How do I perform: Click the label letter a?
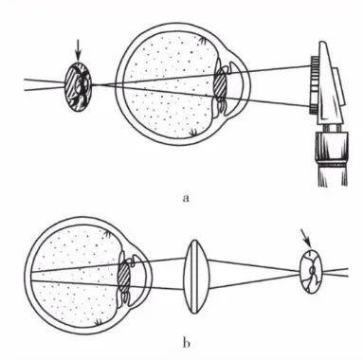pyautogui.click(x=186, y=198)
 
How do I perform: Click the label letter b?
pyautogui.click(x=187, y=342)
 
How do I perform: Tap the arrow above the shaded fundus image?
pyautogui.click(x=78, y=54)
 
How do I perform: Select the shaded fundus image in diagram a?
pyautogui.click(x=78, y=86)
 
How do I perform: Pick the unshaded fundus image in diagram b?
pyautogui.click(x=311, y=271)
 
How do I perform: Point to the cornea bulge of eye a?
pyautogui.click(x=243, y=84)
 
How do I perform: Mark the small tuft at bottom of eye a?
pyautogui.click(x=192, y=134)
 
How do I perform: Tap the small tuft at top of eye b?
pyautogui.click(x=107, y=234)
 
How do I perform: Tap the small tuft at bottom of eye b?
pyautogui.click(x=99, y=322)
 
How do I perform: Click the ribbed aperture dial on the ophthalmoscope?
pyautogui.click(x=314, y=85)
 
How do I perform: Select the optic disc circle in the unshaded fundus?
pyautogui.click(x=312, y=271)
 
